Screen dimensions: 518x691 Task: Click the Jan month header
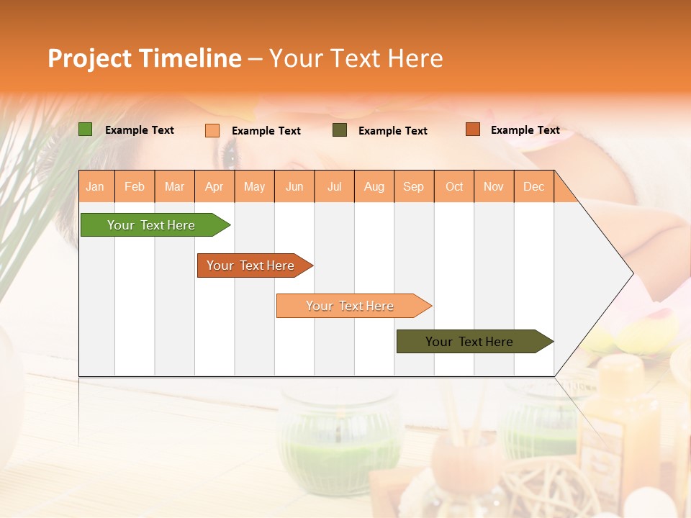(x=95, y=186)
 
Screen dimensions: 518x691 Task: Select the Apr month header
(x=214, y=186)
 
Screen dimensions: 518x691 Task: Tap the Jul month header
(x=334, y=186)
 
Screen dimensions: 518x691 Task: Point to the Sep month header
(x=413, y=186)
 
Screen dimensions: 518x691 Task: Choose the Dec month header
(x=533, y=186)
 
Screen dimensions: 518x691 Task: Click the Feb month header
(x=135, y=186)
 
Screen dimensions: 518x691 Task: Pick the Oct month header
(x=454, y=186)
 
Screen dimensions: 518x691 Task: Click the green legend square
(x=86, y=129)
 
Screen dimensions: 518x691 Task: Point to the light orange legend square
(x=212, y=130)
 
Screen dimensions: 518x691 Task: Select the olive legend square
(x=340, y=130)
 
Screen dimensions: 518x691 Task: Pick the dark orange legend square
(x=472, y=129)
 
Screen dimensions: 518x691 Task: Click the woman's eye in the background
(x=229, y=153)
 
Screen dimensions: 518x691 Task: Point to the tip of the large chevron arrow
(x=632, y=273)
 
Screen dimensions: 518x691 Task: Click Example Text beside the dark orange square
(x=525, y=130)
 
